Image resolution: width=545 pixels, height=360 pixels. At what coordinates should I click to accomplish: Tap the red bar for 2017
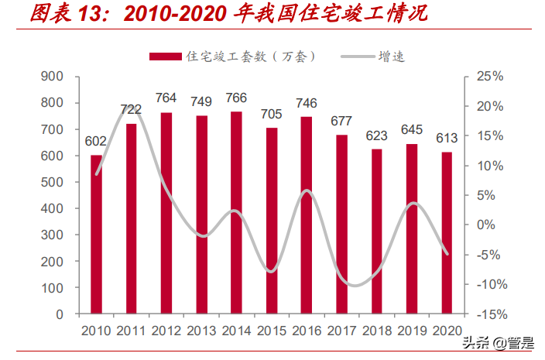click(x=341, y=225)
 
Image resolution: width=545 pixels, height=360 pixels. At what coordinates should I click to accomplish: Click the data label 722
click(x=131, y=110)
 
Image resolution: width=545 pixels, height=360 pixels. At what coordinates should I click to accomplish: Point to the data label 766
click(x=236, y=98)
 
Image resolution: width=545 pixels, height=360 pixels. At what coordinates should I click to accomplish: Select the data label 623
click(x=376, y=135)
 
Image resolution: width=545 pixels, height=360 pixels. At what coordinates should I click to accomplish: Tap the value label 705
click(x=271, y=115)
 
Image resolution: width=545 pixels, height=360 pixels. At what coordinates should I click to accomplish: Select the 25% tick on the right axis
click(x=489, y=77)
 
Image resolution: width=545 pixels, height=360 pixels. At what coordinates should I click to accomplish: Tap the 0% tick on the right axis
click(x=485, y=225)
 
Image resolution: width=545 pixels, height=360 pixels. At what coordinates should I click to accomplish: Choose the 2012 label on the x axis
click(x=166, y=331)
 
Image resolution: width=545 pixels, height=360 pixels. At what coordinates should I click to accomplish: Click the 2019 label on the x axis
click(x=412, y=331)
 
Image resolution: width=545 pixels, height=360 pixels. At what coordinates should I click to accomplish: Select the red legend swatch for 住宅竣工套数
click(x=164, y=57)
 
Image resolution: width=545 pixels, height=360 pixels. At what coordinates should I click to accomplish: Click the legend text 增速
click(x=391, y=57)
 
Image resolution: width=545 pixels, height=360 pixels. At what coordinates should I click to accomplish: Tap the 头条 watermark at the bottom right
click(x=475, y=343)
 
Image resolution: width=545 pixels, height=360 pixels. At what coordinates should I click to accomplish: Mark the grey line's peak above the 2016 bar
click(x=307, y=190)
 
